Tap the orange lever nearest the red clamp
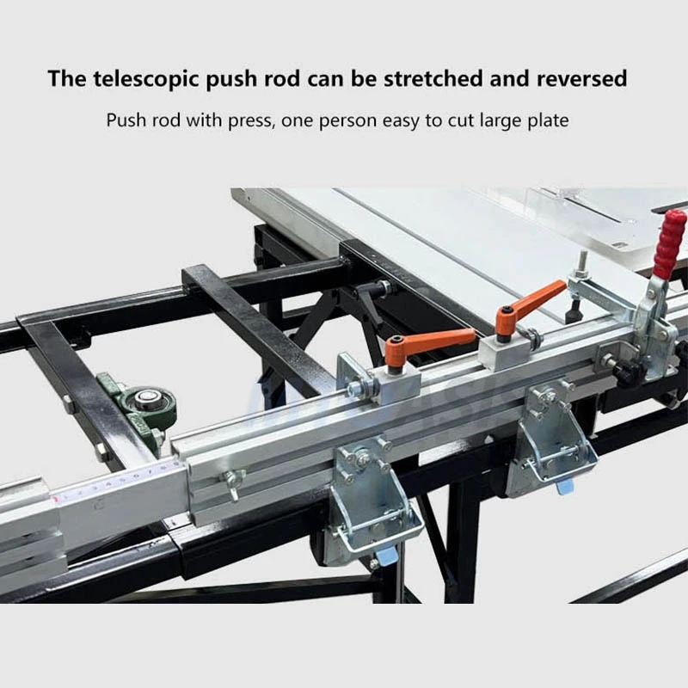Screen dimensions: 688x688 pyautogui.click(x=534, y=301)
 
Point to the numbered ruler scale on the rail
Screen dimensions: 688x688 pyautogui.click(x=120, y=486)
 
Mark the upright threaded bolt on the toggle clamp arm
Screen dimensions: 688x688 pyautogui.click(x=582, y=261)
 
